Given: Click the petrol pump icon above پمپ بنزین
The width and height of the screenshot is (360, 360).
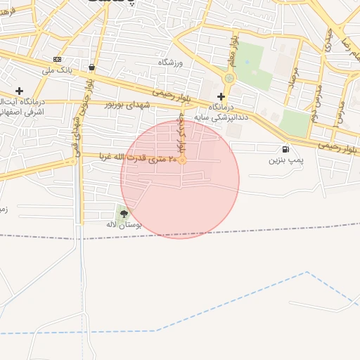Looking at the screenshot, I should point(285,149).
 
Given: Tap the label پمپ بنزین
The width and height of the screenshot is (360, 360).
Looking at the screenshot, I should point(285,160).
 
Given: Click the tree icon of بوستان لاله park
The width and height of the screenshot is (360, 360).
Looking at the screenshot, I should point(124,213).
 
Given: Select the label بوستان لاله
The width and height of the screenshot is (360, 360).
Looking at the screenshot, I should point(124,224).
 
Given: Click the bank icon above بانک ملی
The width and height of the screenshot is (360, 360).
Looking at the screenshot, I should point(57,59).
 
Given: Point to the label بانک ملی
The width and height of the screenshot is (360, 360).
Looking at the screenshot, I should point(57,70).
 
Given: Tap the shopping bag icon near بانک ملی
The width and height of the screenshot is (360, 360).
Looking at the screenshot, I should point(92,67).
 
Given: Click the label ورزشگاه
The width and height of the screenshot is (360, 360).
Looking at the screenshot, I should point(169,63).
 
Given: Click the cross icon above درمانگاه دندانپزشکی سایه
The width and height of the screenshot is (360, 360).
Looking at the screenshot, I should point(221,96).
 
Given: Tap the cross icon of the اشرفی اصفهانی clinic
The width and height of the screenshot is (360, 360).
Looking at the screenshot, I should point(19,91).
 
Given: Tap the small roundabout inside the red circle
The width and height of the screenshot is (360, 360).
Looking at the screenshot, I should point(182,160).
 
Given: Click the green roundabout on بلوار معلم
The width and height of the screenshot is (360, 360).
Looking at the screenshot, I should point(229,78).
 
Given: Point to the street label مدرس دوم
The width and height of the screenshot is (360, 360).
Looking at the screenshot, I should point(315,105).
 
